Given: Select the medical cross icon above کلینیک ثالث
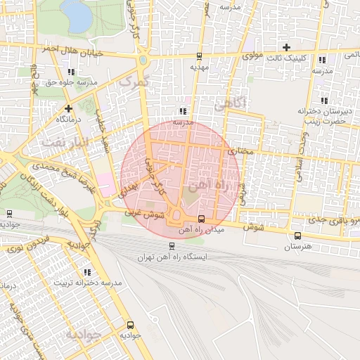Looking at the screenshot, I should tap(286, 47).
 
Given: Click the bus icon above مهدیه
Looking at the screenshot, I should tap(199, 56).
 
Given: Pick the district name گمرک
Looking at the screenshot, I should tap(134, 83).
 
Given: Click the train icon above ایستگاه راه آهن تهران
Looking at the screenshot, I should tap(172, 246).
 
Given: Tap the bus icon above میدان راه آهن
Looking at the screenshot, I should tap(202, 219).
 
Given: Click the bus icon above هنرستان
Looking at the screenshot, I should tap(297, 236).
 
